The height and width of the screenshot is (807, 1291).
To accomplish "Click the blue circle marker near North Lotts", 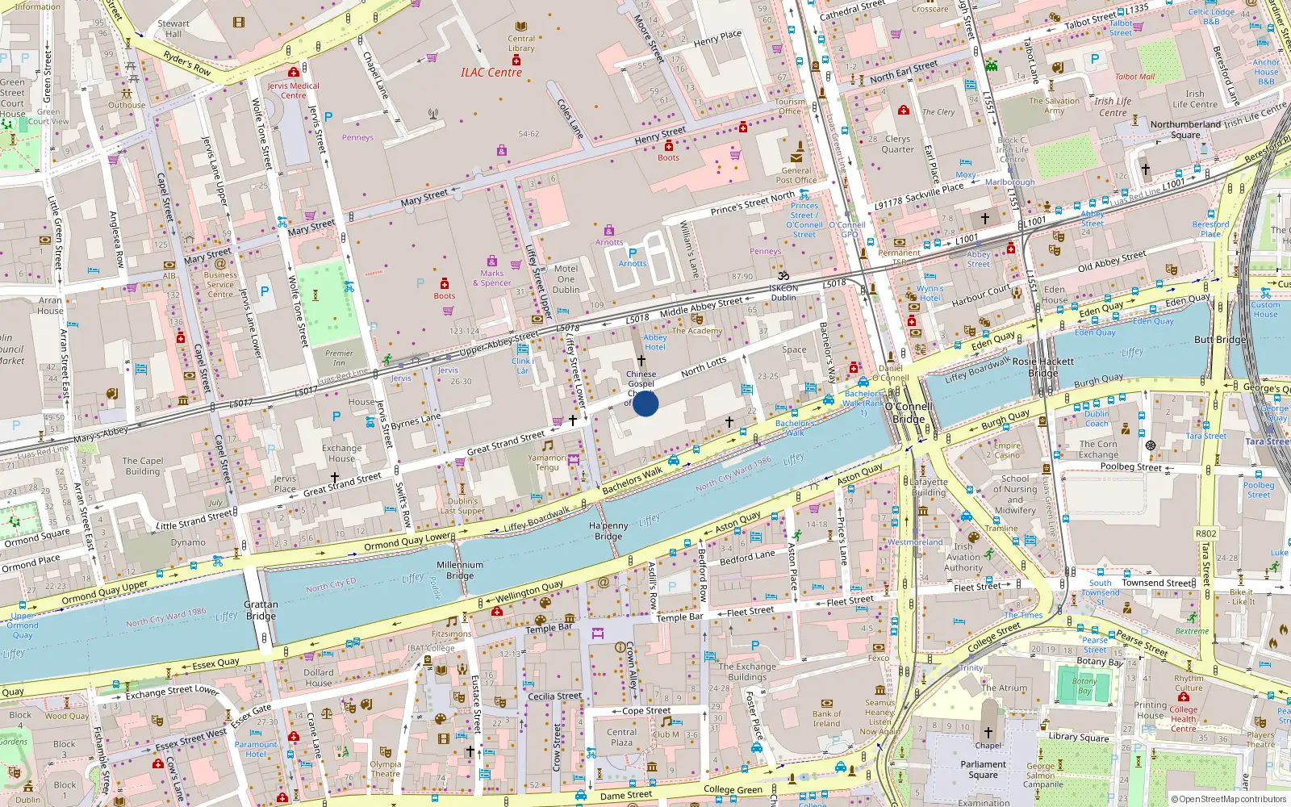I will [x=645, y=403].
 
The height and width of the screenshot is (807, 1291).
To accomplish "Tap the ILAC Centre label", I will [x=491, y=73].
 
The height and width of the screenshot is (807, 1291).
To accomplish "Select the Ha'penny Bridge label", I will [x=608, y=531].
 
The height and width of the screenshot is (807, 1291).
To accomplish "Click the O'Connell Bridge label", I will [x=909, y=412].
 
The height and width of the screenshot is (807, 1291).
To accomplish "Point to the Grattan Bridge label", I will [x=261, y=610].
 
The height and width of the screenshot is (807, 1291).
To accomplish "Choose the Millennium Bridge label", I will [x=460, y=570].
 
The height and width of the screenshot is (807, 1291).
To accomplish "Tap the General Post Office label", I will [x=796, y=175].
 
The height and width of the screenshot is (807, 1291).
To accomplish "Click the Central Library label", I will [x=521, y=44].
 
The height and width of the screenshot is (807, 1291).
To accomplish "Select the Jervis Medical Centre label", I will [x=293, y=90].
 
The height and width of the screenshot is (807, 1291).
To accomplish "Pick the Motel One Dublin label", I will [x=566, y=279].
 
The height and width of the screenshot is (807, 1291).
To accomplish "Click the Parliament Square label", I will [x=983, y=769].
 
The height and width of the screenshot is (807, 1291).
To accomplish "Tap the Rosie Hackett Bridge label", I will [x=1042, y=367].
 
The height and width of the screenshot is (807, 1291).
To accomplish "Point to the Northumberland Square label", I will [x=1185, y=129].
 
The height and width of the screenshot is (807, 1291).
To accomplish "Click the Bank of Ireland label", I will [x=826, y=718].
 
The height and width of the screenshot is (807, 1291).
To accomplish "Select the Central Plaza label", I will [x=621, y=737].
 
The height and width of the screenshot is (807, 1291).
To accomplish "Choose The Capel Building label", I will [x=143, y=466].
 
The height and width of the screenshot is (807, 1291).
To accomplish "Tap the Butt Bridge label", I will [x=1219, y=340].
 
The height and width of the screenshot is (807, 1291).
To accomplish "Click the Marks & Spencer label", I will [x=491, y=278].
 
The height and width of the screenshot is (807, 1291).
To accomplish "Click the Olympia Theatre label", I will [x=385, y=768].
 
